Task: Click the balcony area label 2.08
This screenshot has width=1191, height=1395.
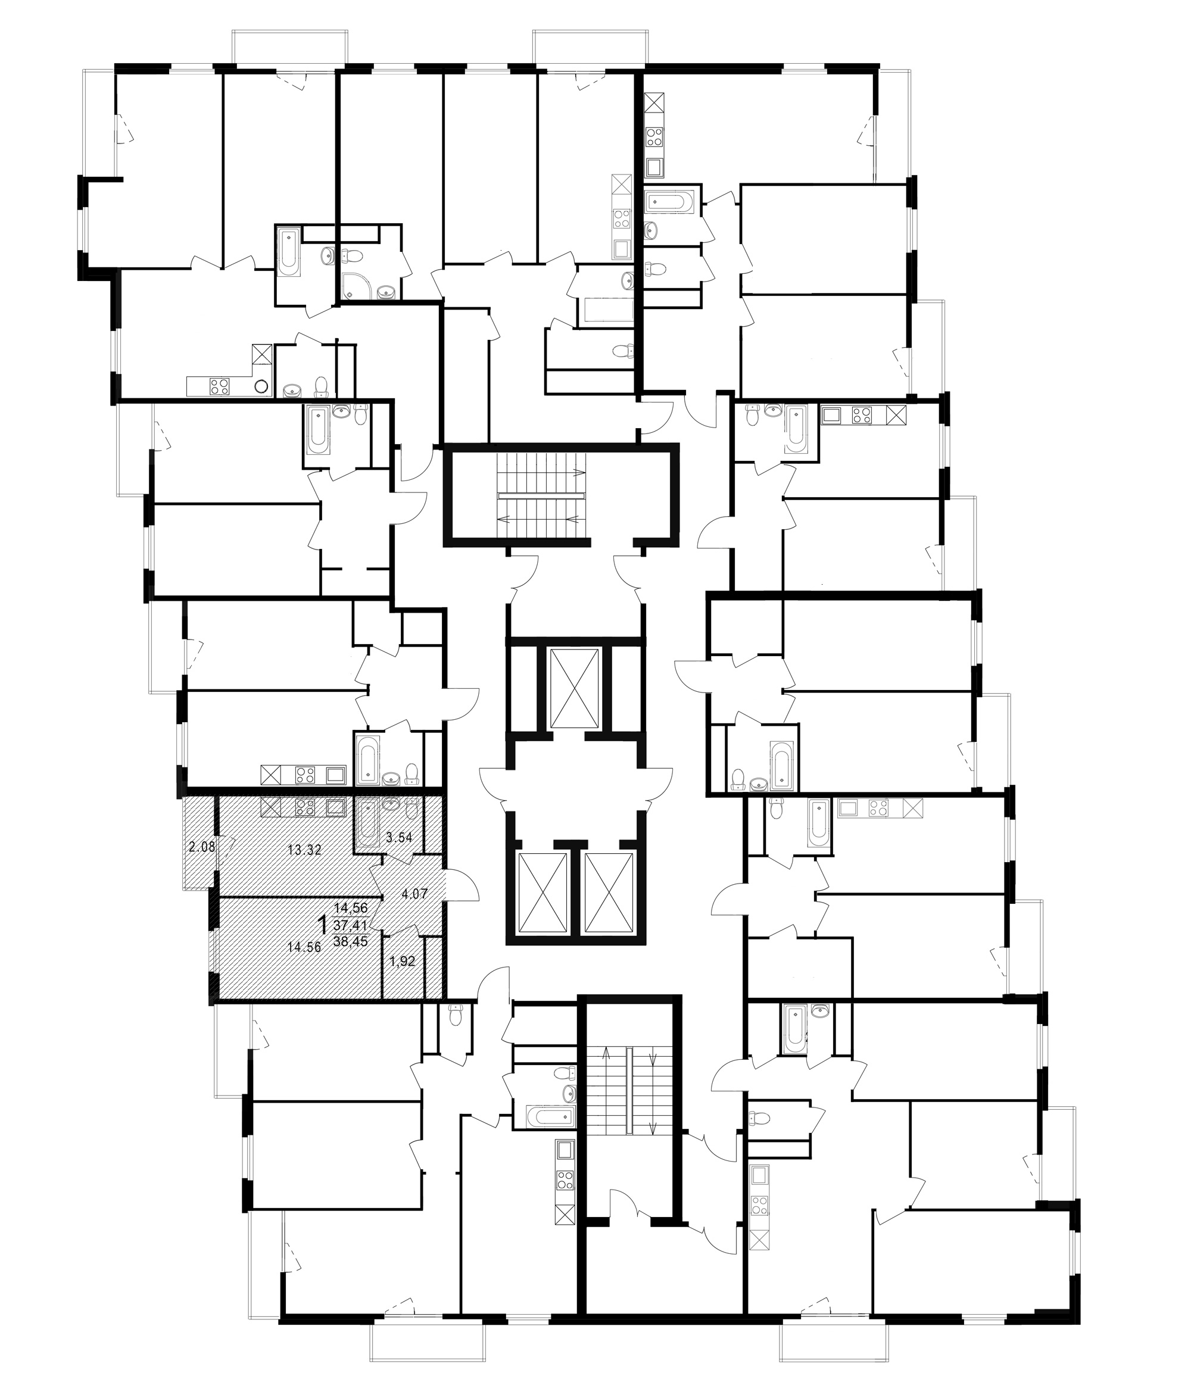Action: click(201, 847)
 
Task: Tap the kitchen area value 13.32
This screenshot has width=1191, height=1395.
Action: click(304, 850)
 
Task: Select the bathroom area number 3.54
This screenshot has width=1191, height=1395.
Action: click(399, 838)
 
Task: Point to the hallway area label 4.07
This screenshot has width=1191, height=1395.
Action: click(414, 895)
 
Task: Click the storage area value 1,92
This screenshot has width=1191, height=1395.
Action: click(403, 962)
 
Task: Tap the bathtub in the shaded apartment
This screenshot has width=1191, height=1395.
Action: click(367, 822)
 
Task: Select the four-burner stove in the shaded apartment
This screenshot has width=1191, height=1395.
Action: click(305, 807)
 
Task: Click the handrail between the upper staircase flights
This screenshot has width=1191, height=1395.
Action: click(542, 495)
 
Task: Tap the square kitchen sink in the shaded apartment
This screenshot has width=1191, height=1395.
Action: click(335, 807)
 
